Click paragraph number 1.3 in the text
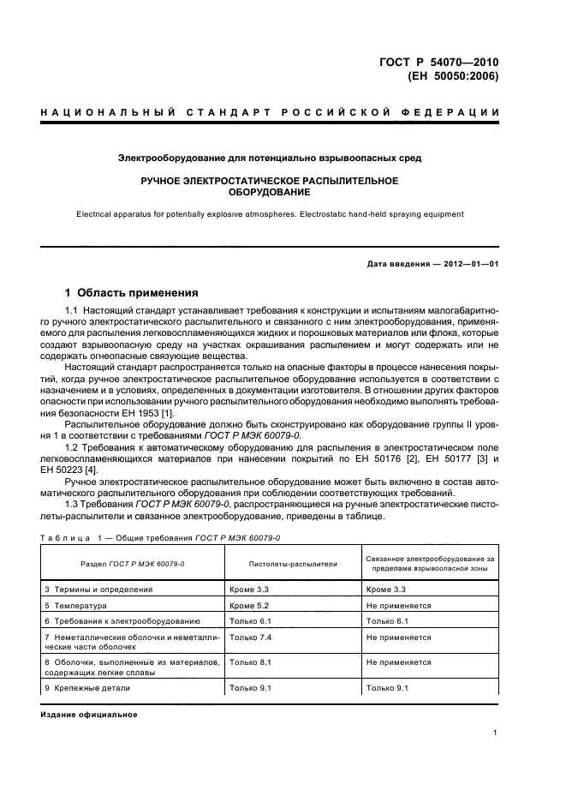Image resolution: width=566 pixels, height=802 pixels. coord(73,504)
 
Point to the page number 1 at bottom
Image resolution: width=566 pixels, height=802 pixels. coord(496,733)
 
